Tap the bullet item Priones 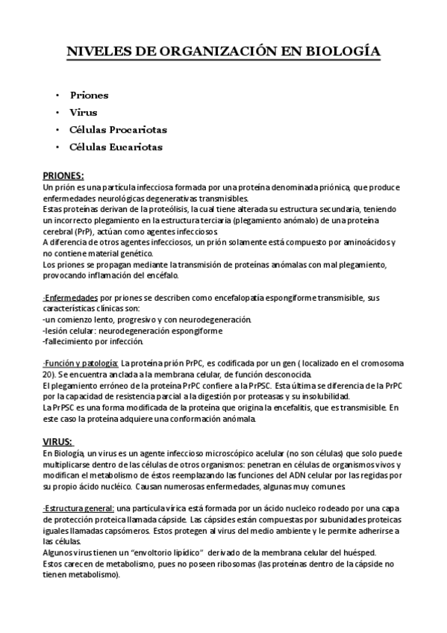(x=89, y=96)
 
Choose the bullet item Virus (x=84, y=113)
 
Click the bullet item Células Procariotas (x=118, y=130)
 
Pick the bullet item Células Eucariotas (x=116, y=147)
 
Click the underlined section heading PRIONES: (x=63, y=176)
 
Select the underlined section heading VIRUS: (x=57, y=442)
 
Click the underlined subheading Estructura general (x=78, y=508)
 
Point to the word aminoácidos (x=366, y=243)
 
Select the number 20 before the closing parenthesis (x=48, y=374)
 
